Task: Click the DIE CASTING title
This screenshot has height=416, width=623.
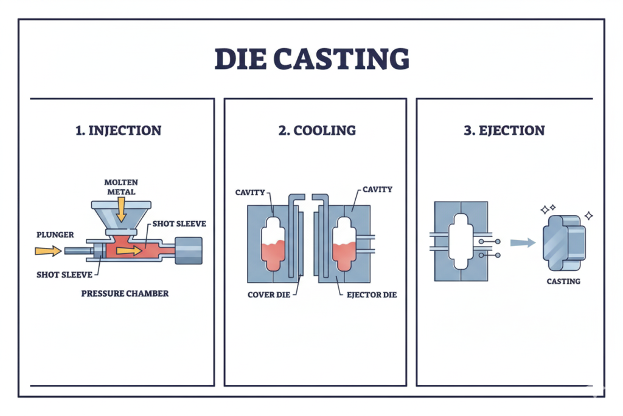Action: coord(311,59)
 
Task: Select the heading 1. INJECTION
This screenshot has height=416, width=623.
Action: coord(119,130)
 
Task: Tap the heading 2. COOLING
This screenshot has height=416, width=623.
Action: coord(317,130)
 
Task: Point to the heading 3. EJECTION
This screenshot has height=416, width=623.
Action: coord(504,130)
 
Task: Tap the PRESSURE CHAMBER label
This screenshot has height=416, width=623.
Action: coord(125,293)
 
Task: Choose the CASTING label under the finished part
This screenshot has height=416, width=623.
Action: coord(563,281)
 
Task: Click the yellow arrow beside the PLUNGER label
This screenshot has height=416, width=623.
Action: coord(47,250)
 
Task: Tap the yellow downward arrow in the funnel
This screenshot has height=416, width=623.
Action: coord(121,210)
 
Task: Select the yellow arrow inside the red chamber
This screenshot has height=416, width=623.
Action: coord(129,250)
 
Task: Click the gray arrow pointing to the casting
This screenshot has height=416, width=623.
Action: coord(523,242)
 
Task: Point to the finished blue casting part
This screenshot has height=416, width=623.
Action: coord(563,242)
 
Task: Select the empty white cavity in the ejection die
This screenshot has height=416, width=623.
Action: coord(461,241)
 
